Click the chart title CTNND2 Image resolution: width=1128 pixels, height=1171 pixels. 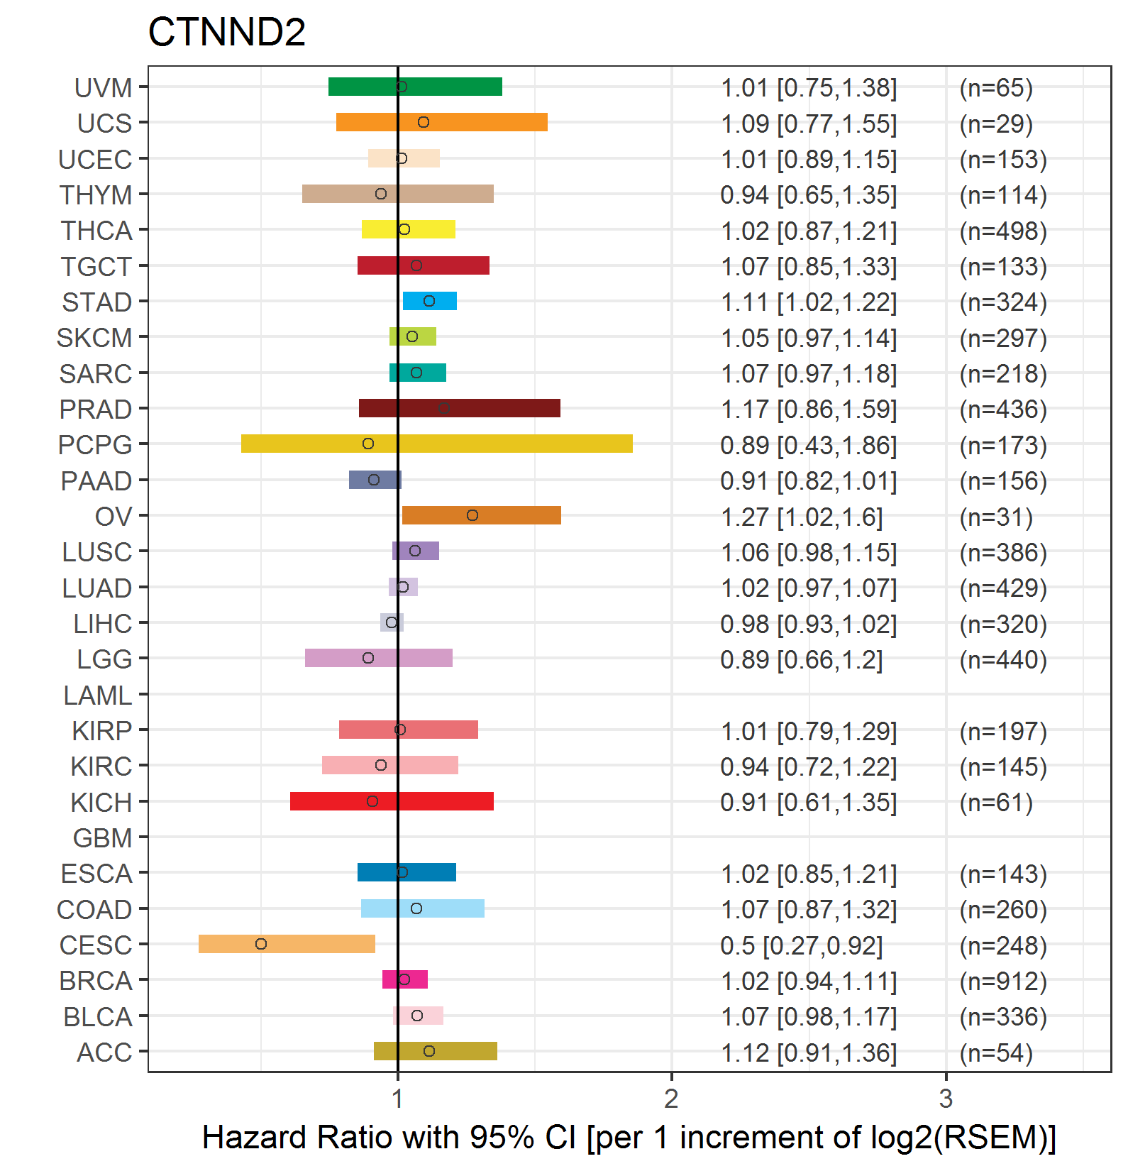[x=226, y=32]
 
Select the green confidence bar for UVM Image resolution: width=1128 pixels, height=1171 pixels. [x=415, y=87]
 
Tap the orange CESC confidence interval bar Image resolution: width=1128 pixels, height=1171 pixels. [x=287, y=944]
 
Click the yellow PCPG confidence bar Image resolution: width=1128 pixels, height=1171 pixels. [x=437, y=444]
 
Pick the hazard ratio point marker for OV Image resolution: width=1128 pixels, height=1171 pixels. [x=472, y=515]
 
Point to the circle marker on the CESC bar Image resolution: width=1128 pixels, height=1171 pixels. [x=261, y=944]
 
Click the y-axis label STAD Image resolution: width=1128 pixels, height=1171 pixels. [x=97, y=302]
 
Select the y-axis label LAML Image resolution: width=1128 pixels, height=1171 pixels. [x=98, y=696]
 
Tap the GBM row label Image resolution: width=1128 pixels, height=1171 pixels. [x=103, y=838]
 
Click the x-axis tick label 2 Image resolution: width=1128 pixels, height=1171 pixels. [x=671, y=1099]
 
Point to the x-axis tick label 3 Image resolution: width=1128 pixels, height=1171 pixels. [x=946, y=1099]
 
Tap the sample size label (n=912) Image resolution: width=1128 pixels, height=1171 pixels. [x=1003, y=982]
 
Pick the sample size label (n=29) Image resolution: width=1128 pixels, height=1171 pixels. [x=996, y=124]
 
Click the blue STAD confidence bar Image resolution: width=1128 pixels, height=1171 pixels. [x=430, y=301]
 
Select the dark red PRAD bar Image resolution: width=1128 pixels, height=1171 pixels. [x=460, y=408]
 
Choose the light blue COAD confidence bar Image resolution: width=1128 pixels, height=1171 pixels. [x=423, y=908]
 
